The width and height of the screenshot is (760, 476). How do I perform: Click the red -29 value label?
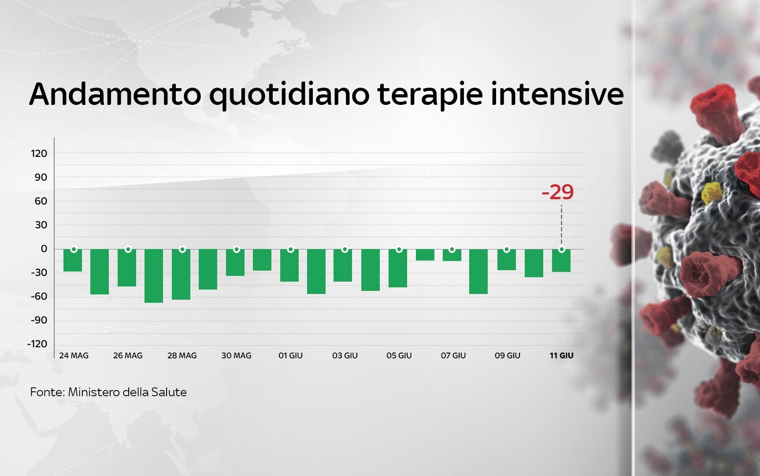click(557, 192)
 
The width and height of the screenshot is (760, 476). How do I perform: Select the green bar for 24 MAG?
click(73, 260)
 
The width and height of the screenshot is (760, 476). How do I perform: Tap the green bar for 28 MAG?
click(181, 274)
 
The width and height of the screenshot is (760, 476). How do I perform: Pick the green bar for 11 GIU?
click(561, 260)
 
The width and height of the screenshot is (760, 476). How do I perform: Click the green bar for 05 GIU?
click(398, 268)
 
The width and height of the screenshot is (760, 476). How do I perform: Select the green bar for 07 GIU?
click(452, 255)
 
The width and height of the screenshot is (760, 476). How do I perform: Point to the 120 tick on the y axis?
click(39, 153)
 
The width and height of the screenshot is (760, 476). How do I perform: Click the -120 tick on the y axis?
click(37, 344)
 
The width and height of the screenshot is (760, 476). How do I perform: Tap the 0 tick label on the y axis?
click(44, 249)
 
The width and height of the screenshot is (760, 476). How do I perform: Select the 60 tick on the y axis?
click(41, 201)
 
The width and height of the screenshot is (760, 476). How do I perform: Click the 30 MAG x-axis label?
click(236, 355)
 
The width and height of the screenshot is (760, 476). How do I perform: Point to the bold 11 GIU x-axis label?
click(561, 355)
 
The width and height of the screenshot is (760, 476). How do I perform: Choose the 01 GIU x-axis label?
click(290, 355)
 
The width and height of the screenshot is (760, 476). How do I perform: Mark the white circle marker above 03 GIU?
click(345, 249)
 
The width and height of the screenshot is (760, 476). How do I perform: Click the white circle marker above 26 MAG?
click(128, 249)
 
